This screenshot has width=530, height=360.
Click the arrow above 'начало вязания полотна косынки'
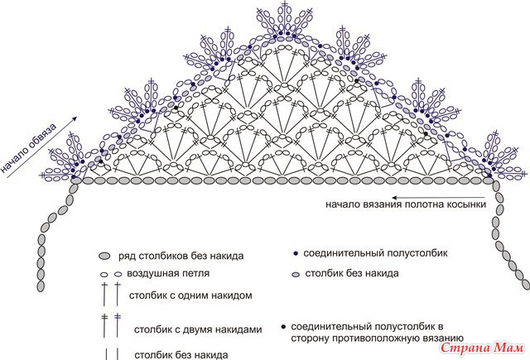438,198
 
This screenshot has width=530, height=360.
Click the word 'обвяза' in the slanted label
43,137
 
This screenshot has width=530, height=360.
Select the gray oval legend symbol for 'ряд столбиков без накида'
105,256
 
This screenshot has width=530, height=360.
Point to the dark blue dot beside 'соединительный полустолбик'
296,253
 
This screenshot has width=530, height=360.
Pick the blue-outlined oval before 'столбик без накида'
296,275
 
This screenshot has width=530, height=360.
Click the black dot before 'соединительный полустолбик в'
283,327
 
